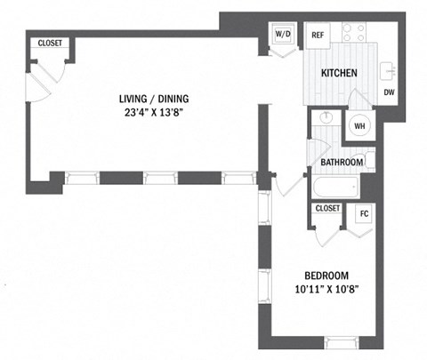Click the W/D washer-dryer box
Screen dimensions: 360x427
point(283,36)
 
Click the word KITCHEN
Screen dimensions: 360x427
point(339,74)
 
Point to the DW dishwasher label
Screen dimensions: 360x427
point(389,92)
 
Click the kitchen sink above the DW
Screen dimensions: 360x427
point(389,69)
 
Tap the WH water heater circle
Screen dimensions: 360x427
point(359,126)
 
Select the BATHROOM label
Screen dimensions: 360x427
point(342,162)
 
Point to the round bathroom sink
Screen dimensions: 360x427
point(325,118)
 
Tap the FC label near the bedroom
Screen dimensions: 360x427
point(363,214)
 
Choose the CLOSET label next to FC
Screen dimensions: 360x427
point(327,208)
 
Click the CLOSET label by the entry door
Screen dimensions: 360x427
point(48,44)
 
